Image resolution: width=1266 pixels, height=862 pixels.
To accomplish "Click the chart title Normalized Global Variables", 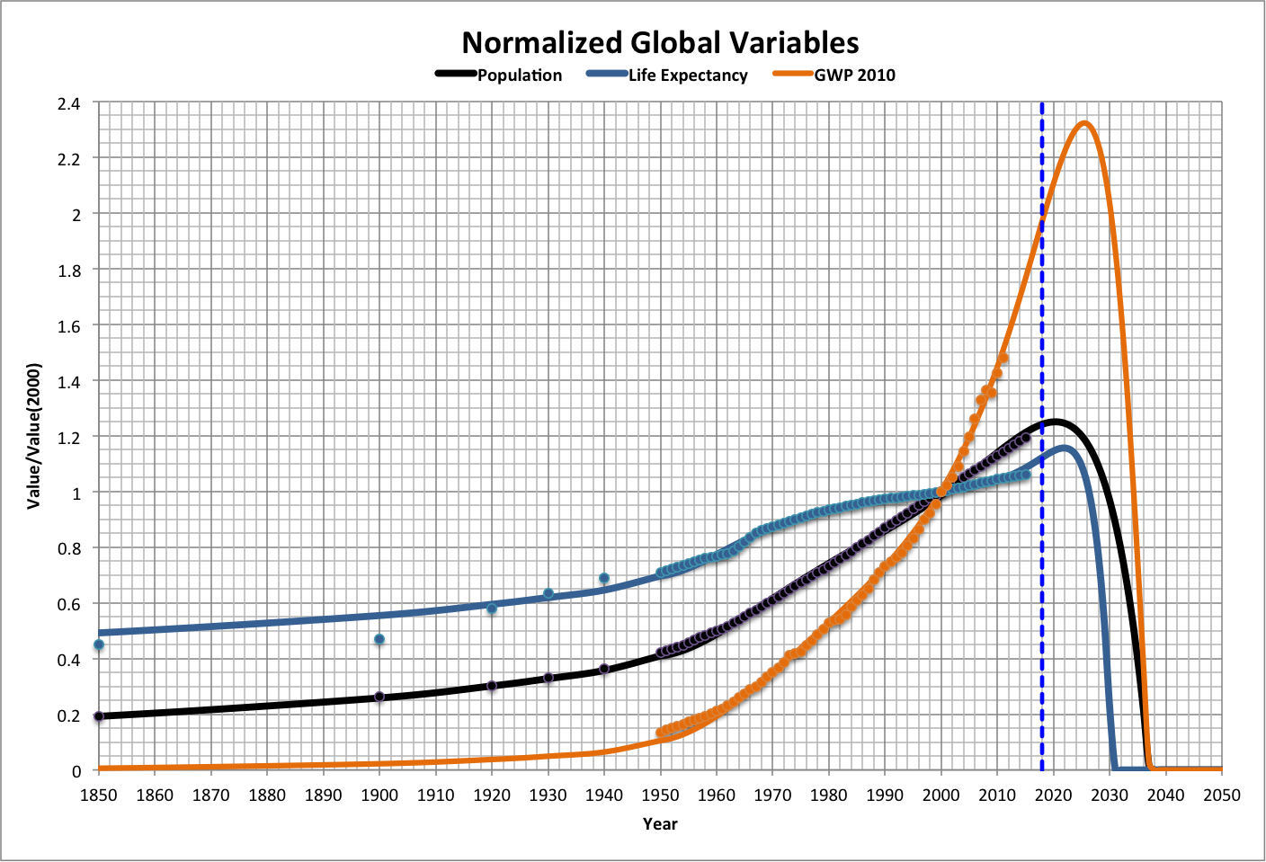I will (x=660, y=42).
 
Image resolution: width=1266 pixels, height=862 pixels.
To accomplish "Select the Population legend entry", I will (x=519, y=76).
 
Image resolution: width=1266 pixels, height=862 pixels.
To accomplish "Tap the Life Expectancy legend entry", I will (x=687, y=76).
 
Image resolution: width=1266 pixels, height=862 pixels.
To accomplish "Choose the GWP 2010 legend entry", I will (x=854, y=76).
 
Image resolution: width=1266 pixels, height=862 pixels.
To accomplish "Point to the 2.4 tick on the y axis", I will (x=69, y=103).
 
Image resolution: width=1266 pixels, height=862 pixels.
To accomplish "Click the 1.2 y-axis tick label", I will (x=69, y=438).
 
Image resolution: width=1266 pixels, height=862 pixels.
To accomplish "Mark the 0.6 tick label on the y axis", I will (x=69, y=605).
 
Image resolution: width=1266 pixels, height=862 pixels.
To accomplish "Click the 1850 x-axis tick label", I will (x=99, y=795).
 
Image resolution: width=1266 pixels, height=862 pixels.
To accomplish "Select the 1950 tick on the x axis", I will (x=661, y=795).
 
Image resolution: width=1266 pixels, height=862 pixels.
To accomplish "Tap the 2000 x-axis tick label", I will (x=941, y=795).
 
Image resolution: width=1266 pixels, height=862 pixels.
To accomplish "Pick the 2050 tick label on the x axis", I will (x=1222, y=795).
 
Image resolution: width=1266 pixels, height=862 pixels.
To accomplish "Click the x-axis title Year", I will (x=660, y=824).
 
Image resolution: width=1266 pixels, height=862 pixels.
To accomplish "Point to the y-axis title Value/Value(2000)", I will (x=34, y=436).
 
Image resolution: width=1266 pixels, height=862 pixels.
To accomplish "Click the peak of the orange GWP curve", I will (x=1083, y=123).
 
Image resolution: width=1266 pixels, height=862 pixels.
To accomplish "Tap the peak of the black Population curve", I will (x=1053, y=421).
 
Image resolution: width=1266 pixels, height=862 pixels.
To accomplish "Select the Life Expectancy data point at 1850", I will (x=99, y=644).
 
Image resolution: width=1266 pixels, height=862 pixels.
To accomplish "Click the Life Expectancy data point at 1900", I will (x=379, y=639).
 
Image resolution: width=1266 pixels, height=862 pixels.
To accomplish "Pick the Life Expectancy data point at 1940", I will (x=604, y=578).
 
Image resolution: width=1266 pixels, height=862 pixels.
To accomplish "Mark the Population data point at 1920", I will (x=492, y=686).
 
